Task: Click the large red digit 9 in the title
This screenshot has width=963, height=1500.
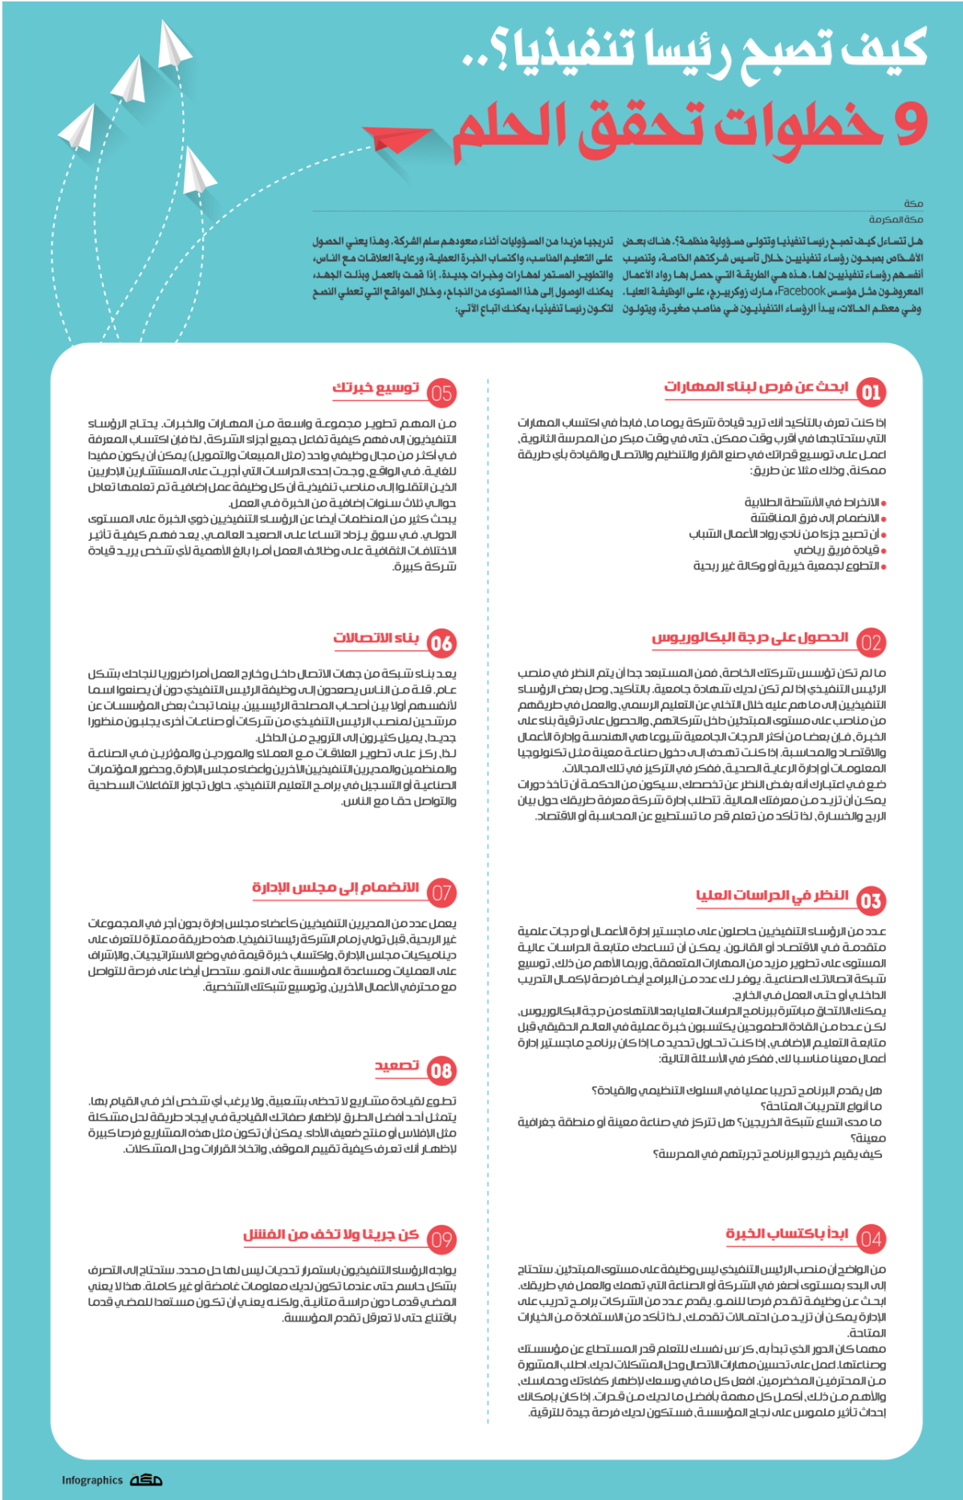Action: [909, 124]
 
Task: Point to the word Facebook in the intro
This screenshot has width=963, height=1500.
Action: [801, 291]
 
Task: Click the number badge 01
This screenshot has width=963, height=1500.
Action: [871, 392]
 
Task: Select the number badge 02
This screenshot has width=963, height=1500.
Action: [871, 643]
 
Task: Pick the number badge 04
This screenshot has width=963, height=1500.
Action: [871, 1239]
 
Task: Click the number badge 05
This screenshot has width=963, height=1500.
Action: [441, 393]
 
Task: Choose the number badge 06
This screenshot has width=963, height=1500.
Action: [441, 643]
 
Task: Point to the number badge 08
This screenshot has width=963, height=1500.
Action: [441, 1071]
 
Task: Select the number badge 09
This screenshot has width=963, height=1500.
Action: [441, 1240]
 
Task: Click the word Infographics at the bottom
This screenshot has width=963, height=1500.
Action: [92, 1481]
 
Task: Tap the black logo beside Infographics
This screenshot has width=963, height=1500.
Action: [146, 1480]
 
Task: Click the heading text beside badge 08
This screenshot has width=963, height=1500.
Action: [397, 1065]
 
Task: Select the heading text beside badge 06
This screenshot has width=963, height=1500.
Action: [376, 638]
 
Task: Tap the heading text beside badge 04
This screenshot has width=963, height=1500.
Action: [786, 1234]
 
